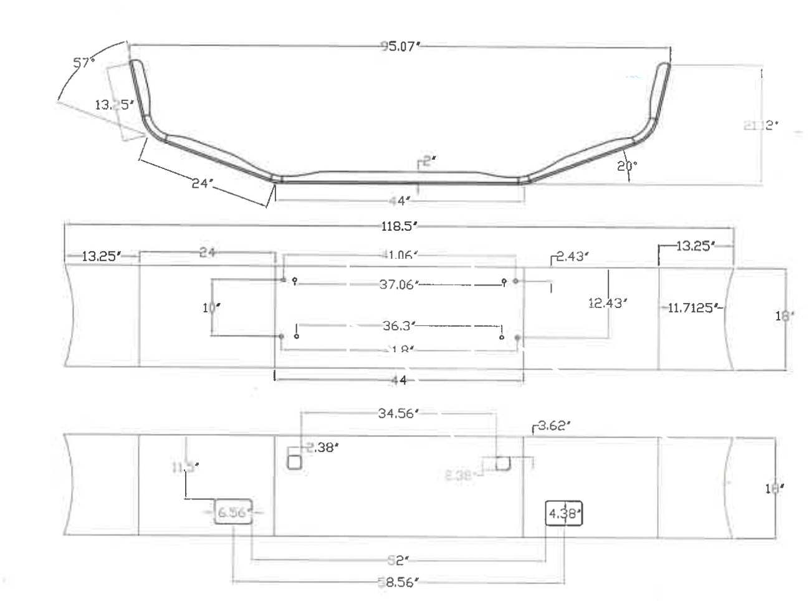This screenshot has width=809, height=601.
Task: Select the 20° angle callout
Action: [x=627, y=166]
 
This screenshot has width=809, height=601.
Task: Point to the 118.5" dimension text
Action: [x=398, y=226]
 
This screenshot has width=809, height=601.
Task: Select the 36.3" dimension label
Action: [x=398, y=325]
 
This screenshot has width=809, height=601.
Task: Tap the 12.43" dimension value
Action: [x=607, y=303]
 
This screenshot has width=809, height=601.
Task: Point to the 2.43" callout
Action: [x=572, y=256]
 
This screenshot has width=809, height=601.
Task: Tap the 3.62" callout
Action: [x=554, y=426]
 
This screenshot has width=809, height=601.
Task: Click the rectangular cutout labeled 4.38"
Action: [x=564, y=514]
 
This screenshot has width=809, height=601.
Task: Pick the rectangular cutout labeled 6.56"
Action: [x=233, y=512]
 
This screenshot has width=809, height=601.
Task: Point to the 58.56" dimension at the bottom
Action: [x=398, y=582]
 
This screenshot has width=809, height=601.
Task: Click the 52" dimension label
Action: [x=398, y=559]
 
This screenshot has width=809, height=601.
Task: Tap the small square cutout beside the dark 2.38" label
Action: [x=294, y=462]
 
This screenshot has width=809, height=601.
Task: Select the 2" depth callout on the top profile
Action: [x=427, y=161]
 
